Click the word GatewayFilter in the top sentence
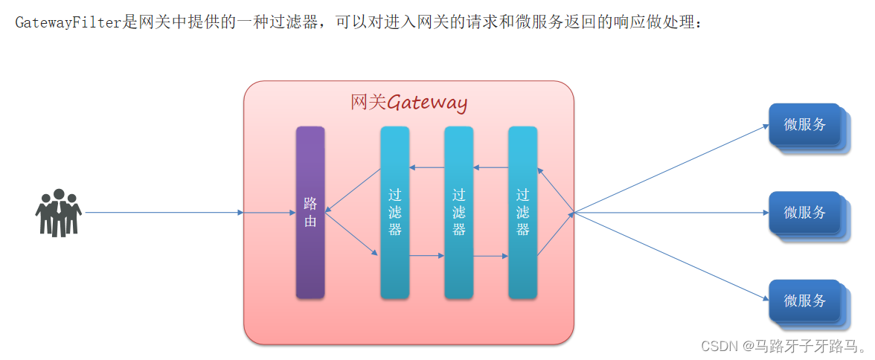click(68, 22)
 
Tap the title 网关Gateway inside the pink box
click(408, 103)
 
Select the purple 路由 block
click(310, 213)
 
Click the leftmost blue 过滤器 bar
click(394, 213)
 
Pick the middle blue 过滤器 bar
click(458, 213)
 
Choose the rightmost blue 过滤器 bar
click(522, 213)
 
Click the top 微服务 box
click(804, 125)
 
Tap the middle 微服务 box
click(804, 213)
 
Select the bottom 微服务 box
click(804, 300)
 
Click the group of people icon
click(58, 213)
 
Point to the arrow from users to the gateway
click(164, 213)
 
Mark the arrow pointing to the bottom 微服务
click(670, 257)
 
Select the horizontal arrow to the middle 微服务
click(670, 213)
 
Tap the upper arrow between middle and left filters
click(426, 167)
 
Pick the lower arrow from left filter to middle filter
click(426, 256)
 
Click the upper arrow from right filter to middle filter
click(490, 167)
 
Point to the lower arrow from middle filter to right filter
click(490, 256)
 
